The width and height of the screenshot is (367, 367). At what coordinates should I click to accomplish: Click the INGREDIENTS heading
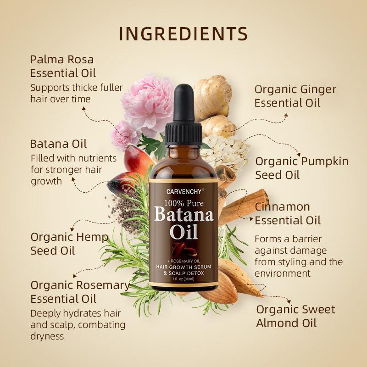183,34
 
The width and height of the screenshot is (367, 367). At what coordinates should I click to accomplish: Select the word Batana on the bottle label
183,214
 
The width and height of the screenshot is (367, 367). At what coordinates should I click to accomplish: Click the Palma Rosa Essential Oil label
63,66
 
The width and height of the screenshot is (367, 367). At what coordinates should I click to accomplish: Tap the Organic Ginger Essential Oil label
295,96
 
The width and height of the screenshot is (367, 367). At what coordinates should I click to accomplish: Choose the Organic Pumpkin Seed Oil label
301,168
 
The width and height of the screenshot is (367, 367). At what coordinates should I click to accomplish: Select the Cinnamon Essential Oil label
288,213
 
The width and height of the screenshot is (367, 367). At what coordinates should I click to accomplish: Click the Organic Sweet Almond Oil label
295,316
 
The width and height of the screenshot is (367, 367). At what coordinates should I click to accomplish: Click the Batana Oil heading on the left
58,144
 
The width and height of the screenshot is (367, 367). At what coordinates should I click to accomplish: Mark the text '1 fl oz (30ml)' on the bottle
183,279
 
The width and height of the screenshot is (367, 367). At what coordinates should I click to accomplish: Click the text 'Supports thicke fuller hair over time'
76,93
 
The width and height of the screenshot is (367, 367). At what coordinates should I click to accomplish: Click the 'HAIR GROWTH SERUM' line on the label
183,267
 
